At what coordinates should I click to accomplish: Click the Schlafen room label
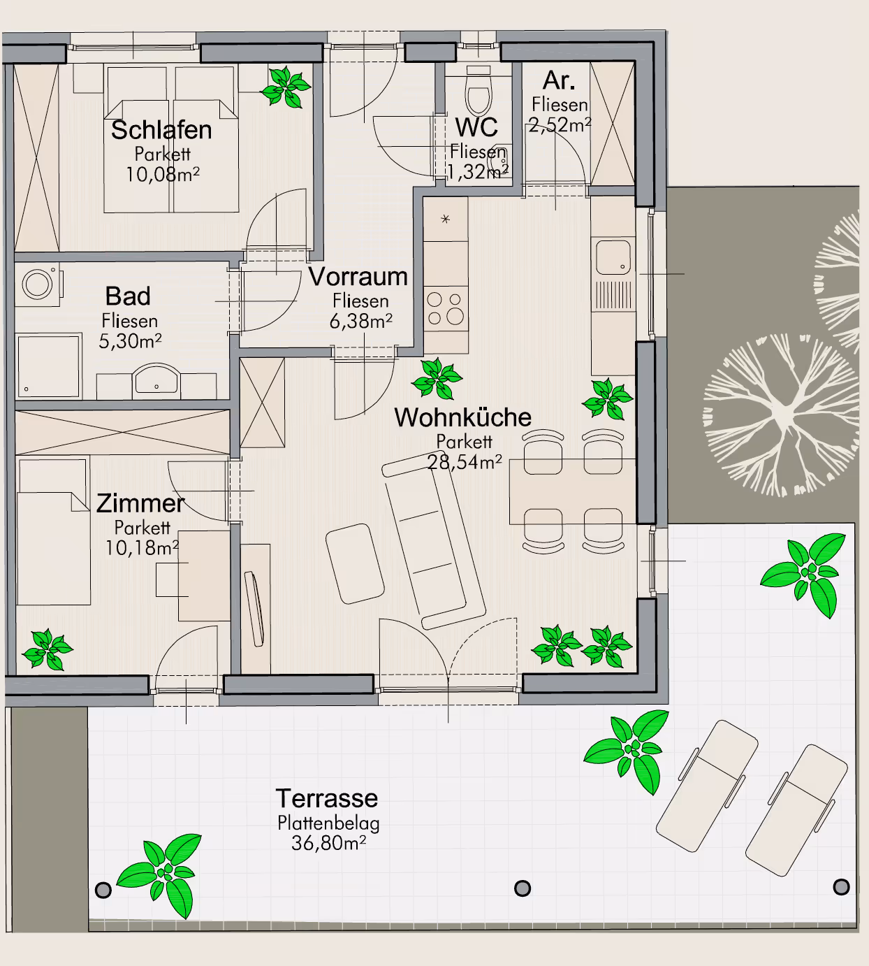[x=161, y=130]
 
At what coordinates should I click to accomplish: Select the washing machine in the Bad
[x=38, y=284]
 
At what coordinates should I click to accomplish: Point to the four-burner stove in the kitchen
[x=446, y=309]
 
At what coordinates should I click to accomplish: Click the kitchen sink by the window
[x=613, y=258]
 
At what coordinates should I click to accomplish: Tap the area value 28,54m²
[x=465, y=462]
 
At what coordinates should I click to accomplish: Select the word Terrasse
[x=327, y=799]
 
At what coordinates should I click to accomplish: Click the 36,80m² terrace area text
[x=329, y=843]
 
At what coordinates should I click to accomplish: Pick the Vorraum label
[x=358, y=277]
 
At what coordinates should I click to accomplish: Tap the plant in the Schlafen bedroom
[x=286, y=87]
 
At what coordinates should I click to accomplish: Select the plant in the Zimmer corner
[x=48, y=650]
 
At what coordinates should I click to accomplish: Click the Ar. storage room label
[x=559, y=81]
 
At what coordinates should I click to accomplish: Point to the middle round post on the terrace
[x=523, y=888]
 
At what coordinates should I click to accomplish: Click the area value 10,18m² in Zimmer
[x=142, y=548]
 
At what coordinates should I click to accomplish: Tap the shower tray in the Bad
[x=48, y=366]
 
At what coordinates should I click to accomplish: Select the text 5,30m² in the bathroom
[x=130, y=341]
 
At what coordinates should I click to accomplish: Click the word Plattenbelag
[x=329, y=823]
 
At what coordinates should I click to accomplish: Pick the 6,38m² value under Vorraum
[x=360, y=322]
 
